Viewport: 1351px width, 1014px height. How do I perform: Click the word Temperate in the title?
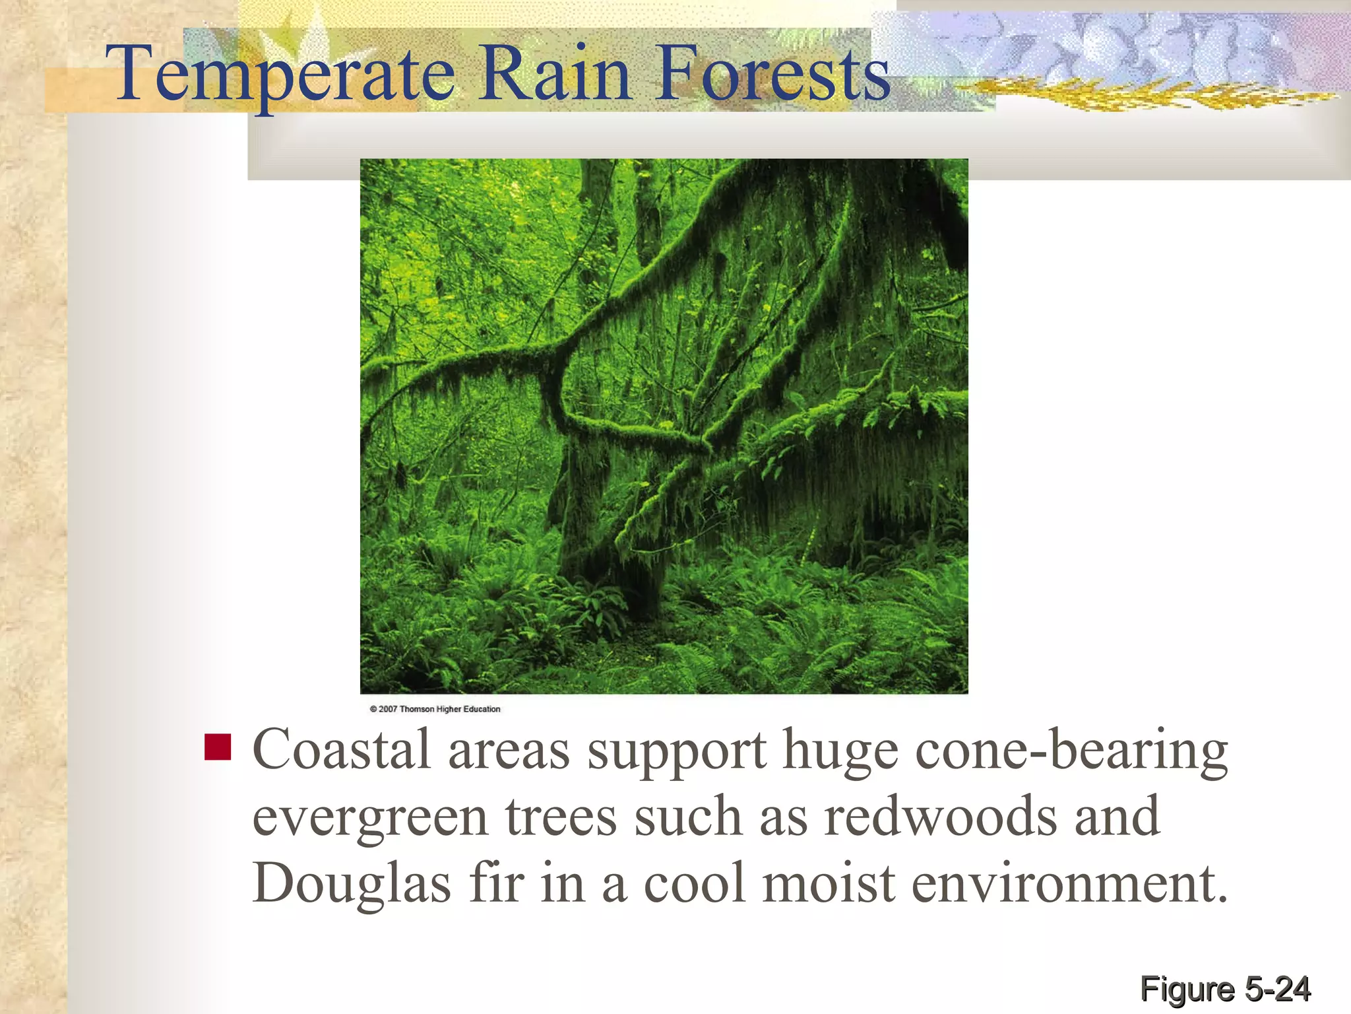click(284, 74)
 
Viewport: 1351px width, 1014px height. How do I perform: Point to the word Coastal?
click(342, 750)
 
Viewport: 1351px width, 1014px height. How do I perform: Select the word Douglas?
click(352, 883)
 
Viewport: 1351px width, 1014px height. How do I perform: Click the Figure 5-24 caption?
click(1225, 989)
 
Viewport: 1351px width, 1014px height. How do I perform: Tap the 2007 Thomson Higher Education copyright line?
click(435, 709)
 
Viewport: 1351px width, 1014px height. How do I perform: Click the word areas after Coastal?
click(509, 751)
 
